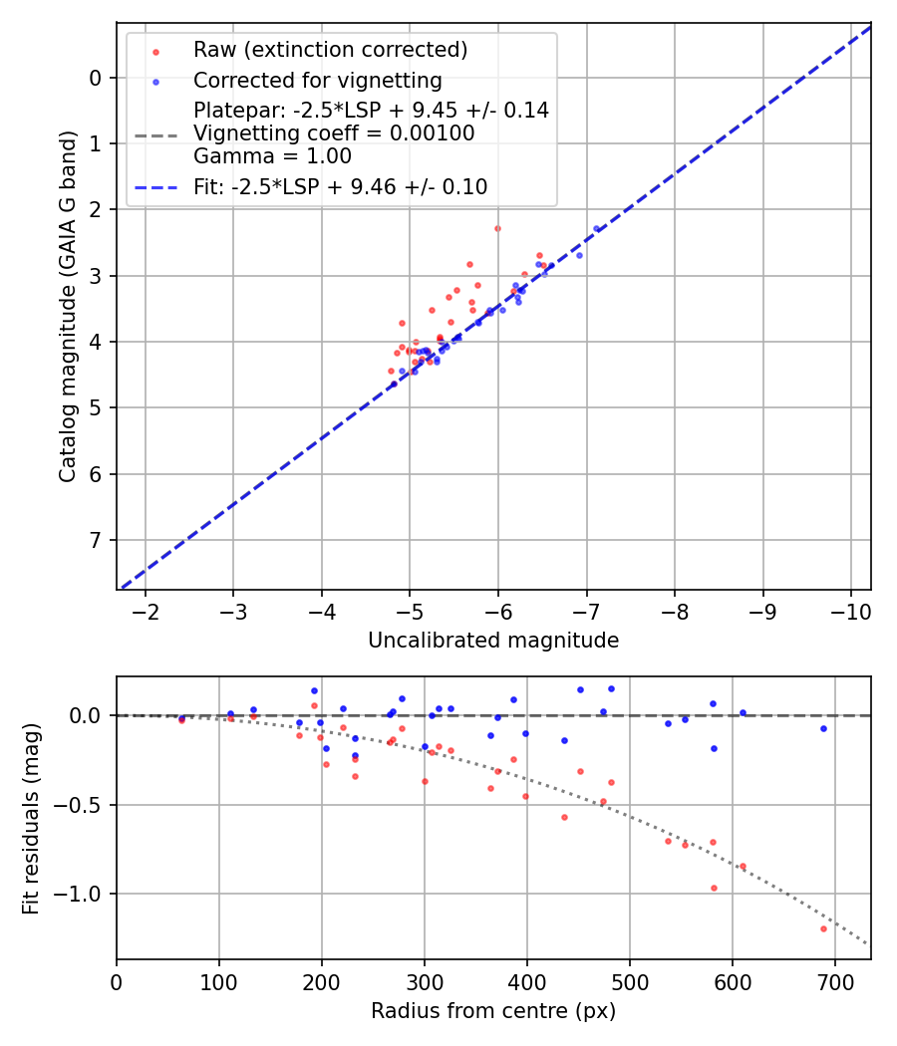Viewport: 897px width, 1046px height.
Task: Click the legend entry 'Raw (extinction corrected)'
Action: pos(330,50)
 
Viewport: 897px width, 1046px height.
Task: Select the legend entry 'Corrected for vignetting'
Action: pos(317,80)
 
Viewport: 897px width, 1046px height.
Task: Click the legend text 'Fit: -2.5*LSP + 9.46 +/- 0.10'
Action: pos(340,186)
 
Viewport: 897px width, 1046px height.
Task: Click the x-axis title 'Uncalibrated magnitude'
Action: pos(493,641)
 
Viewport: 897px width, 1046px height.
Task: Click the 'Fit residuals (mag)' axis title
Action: pos(31,818)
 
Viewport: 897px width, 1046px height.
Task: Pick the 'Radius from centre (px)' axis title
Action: pos(493,1011)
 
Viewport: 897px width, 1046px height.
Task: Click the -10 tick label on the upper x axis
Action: pos(850,610)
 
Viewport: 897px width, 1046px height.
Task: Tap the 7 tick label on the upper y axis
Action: pos(97,540)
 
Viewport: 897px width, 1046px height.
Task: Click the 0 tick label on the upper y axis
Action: pos(97,78)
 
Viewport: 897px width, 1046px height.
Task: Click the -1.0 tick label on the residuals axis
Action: pos(84,894)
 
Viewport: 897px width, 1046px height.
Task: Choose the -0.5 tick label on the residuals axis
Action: pos(84,805)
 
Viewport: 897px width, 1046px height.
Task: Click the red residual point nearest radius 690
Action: pos(823,928)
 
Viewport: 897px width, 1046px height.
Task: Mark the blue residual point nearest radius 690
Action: pos(823,728)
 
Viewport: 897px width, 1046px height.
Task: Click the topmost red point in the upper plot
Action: pos(497,228)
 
